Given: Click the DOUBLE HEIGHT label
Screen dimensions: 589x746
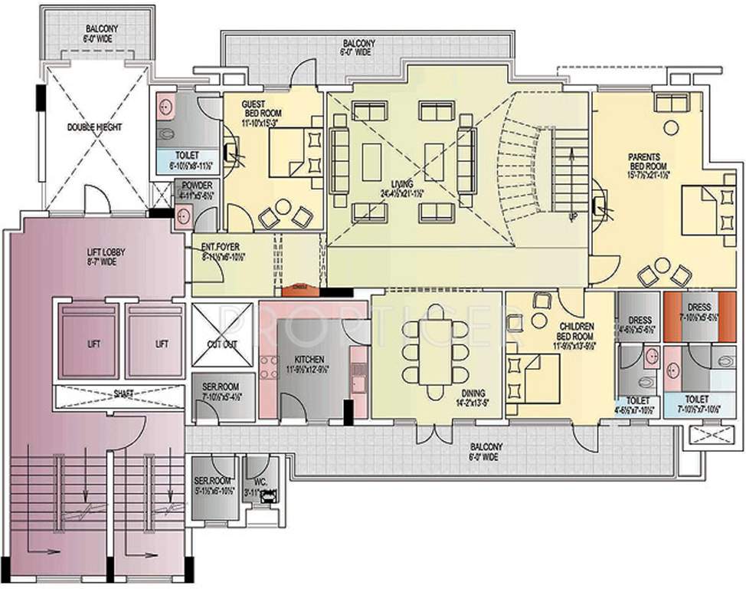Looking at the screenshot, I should (x=94, y=127).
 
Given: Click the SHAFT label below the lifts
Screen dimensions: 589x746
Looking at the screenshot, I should (x=123, y=394).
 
